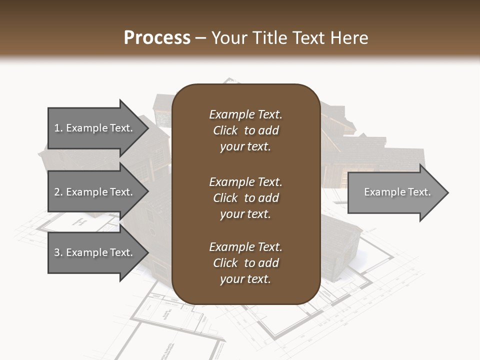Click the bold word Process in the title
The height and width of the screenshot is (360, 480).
(x=156, y=37)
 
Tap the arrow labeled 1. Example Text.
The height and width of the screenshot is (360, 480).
(x=95, y=128)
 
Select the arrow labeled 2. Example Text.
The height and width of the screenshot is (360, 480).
(x=95, y=192)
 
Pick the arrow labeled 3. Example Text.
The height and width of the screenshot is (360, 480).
(x=95, y=252)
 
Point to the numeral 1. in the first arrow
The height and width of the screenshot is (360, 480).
(x=58, y=128)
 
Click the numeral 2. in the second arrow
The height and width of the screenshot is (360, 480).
(x=58, y=192)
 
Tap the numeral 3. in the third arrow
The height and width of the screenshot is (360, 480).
(x=58, y=252)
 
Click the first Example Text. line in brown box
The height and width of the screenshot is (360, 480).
(x=245, y=114)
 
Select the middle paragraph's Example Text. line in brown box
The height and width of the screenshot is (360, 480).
(x=245, y=182)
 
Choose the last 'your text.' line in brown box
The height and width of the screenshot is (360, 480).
(x=245, y=279)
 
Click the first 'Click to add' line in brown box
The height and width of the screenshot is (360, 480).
(x=245, y=130)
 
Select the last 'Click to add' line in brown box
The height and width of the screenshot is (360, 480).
(x=245, y=263)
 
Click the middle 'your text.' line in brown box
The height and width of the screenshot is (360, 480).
(x=245, y=214)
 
